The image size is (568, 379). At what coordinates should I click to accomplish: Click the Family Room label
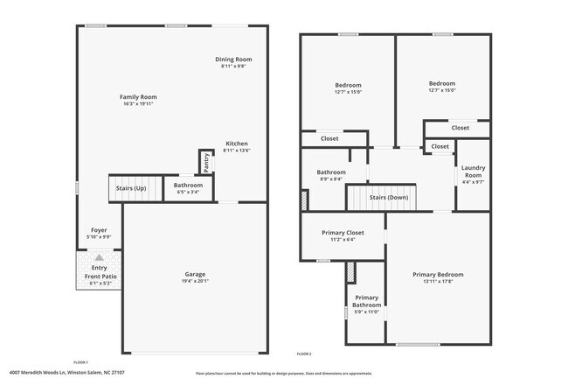(x=138, y=96)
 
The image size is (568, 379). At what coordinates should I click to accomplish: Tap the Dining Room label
(x=233, y=60)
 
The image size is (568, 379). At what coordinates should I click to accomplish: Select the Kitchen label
(x=237, y=144)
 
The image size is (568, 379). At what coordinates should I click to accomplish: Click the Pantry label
(x=206, y=162)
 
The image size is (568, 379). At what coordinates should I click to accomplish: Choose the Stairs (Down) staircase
(x=389, y=198)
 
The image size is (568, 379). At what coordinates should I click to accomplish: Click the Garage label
(x=195, y=275)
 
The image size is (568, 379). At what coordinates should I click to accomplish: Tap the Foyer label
(x=99, y=229)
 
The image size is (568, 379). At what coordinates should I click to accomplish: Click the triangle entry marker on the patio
(x=99, y=257)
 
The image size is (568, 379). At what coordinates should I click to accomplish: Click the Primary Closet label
(x=343, y=232)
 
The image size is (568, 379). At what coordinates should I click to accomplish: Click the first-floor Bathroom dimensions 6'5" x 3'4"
(x=188, y=192)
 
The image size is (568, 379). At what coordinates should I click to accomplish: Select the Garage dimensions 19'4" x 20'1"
(x=195, y=281)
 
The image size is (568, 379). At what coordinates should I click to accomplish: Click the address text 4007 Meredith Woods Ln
(x=42, y=372)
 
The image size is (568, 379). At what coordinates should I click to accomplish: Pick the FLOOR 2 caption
(x=303, y=353)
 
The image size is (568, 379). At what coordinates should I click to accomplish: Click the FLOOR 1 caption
(x=80, y=361)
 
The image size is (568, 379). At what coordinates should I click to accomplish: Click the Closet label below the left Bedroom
(x=329, y=138)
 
